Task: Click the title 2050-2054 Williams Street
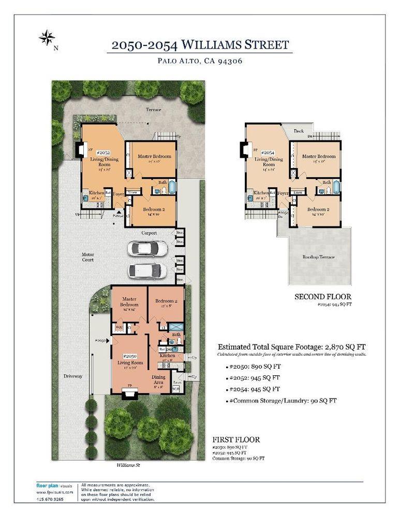tap(200, 45)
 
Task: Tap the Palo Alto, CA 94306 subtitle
tap(200, 60)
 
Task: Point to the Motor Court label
tap(87, 257)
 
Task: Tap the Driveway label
tap(73, 376)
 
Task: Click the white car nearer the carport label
tap(147, 249)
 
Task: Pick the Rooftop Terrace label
tap(318, 257)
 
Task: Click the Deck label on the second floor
tap(299, 131)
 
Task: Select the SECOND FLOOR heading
tap(323, 297)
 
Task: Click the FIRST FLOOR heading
tap(236, 440)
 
